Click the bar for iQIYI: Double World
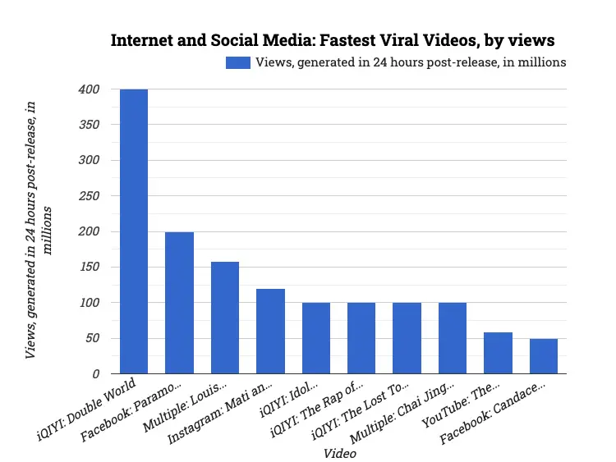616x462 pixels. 134,231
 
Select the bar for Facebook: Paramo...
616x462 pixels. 179,303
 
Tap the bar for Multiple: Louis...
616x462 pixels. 225,318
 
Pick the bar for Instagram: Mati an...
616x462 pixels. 270,332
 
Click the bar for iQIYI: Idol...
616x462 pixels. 315,338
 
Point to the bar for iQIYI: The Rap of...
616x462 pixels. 361,338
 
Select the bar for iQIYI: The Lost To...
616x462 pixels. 407,338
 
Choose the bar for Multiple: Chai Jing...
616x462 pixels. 453,338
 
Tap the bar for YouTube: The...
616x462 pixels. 498,353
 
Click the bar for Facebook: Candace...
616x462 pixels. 544,356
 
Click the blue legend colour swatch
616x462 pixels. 237,62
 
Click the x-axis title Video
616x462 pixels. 339,453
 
